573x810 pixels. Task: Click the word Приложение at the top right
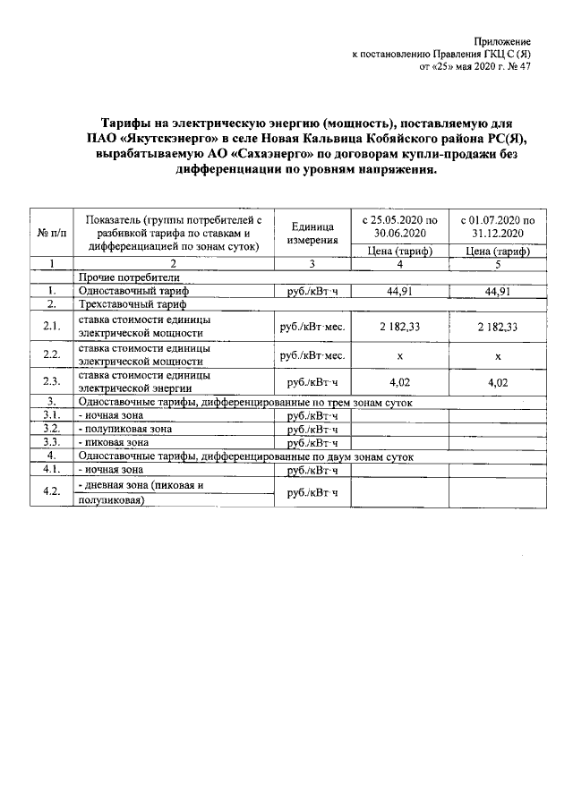pos(504,42)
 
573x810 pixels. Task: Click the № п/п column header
pos(51,232)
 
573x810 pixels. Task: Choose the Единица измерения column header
pos(312,233)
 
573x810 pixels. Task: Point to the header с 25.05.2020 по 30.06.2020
pos(400,226)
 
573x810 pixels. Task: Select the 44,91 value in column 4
pos(399,291)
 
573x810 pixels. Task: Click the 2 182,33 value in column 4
pos(399,327)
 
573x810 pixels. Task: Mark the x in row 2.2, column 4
pos(399,355)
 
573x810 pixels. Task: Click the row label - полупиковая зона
pos(125,429)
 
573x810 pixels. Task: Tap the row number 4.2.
pos(51,491)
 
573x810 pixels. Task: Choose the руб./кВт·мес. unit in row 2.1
pos(312,327)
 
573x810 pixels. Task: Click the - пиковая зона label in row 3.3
pos(114,442)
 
